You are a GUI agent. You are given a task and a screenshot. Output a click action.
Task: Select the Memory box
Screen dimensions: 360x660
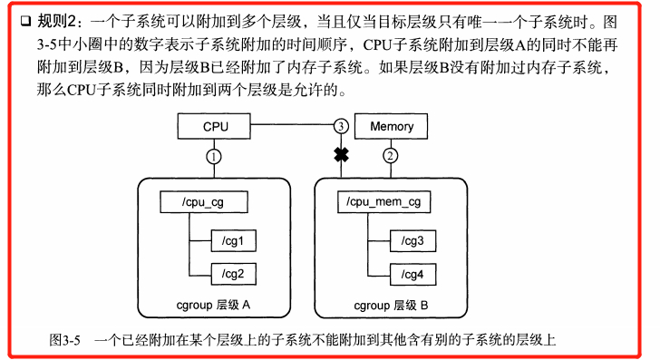[391, 127]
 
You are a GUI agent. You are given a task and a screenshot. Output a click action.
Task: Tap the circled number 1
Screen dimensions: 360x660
[213, 156]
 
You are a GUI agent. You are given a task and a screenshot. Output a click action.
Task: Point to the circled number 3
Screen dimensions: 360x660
[341, 126]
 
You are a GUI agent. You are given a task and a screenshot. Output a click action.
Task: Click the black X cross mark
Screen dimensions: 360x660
[341, 156]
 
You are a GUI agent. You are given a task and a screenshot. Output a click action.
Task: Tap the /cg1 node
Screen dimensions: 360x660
[234, 240]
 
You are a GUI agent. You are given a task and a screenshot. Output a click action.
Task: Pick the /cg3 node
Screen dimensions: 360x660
[412, 240]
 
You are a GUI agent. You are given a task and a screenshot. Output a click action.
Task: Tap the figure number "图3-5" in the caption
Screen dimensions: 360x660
[65, 340]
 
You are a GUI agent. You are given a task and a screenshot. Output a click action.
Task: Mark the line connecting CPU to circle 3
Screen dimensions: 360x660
[290, 126]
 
